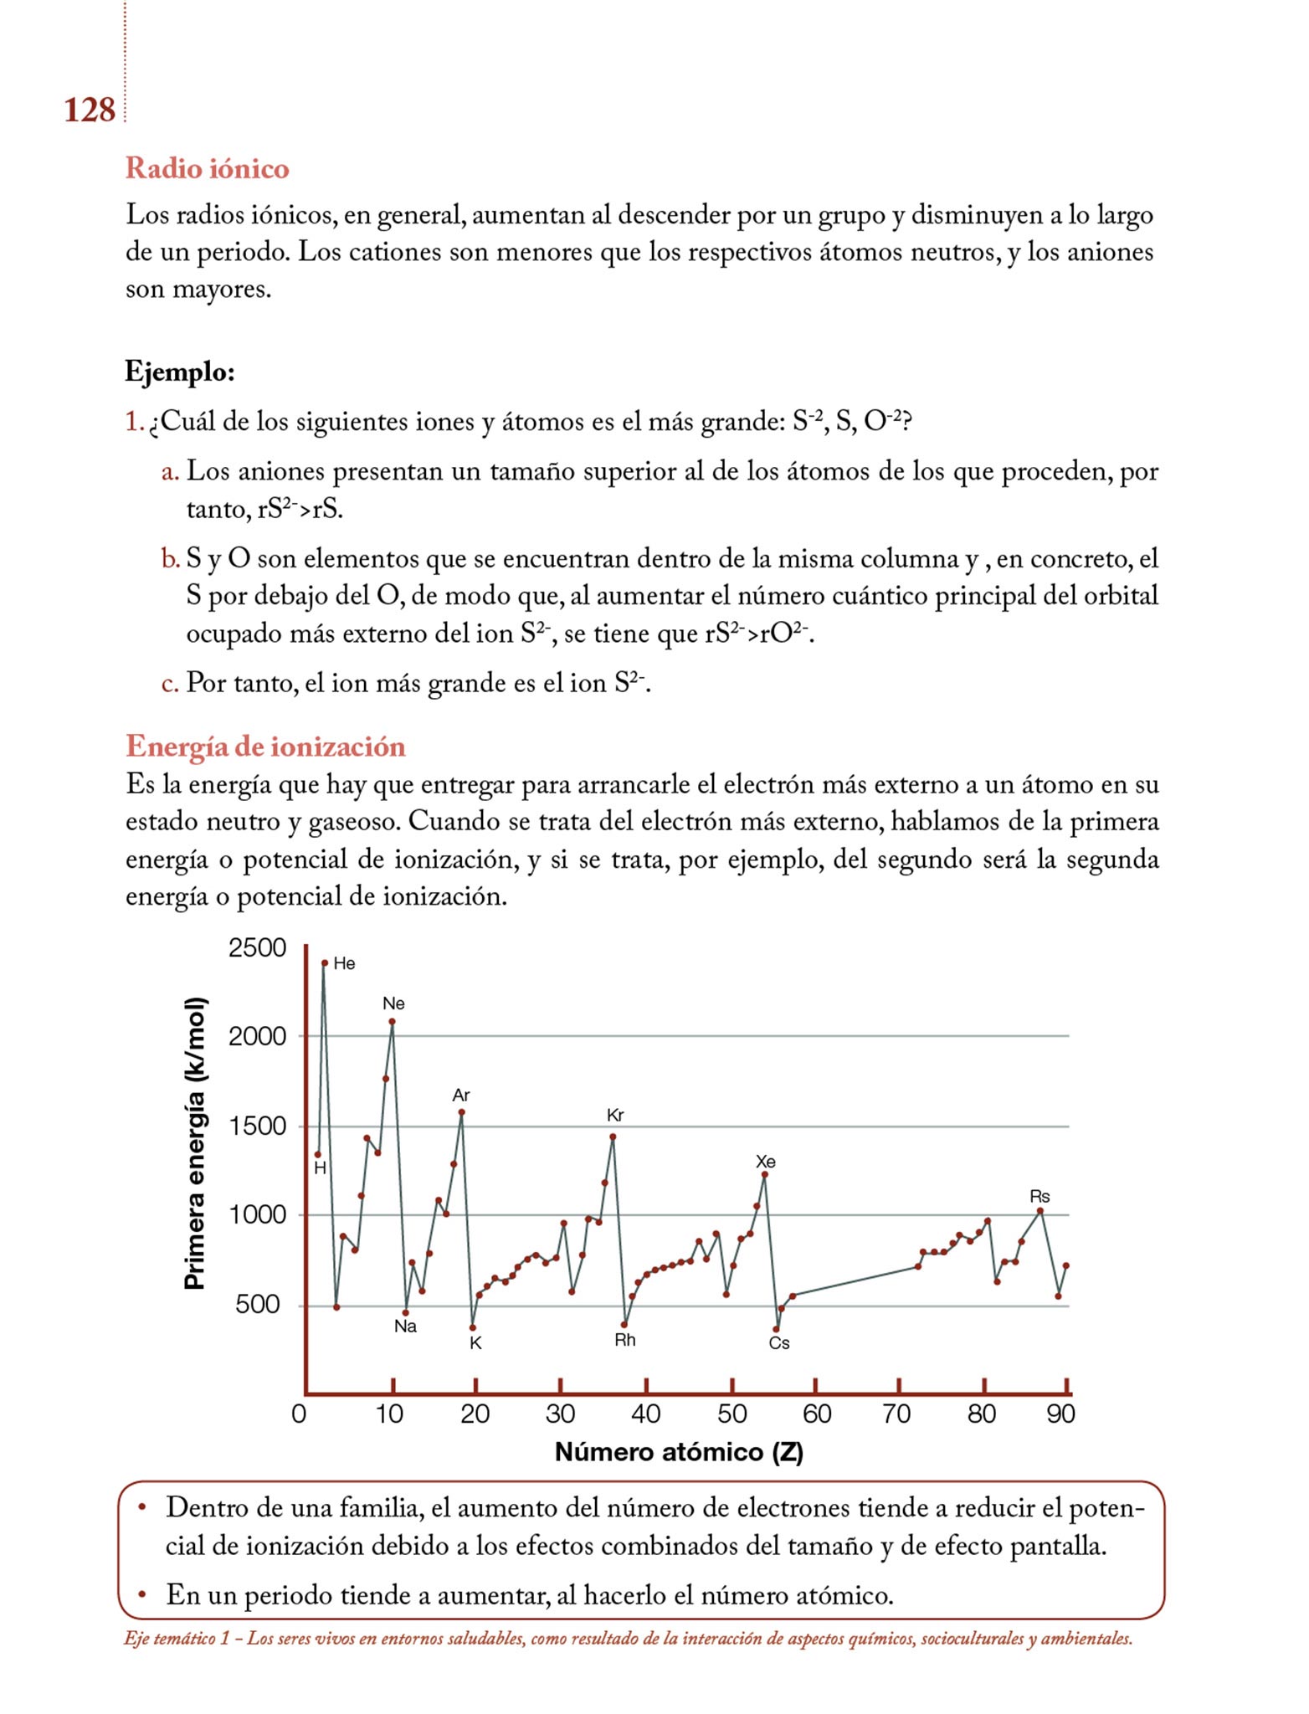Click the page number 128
click(x=89, y=110)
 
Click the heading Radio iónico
click(x=207, y=168)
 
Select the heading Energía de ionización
click(x=265, y=746)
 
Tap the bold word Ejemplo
click(x=179, y=371)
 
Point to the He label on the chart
click(x=344, y=963)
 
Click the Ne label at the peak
click(x=393, y=1003)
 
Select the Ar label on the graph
click(x=461, y=1095)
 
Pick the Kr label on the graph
click(x=615, y=1115)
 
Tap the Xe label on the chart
click(x=765, y=1162)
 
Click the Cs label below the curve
click(x=779, y=1343)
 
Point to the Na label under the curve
click(x=405, y=1327)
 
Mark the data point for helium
click(x=325, y=963)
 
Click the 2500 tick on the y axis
click(x=257, y=948)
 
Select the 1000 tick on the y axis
click(x=257, y=1214)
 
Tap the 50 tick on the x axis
click(x=731, y=1414)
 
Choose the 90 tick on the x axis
click(x=1060, y=1414)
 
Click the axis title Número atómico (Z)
click(x=679, y=1452)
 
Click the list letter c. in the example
click(x=170, y=683)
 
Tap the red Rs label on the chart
click(x=1039, y=1197)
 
